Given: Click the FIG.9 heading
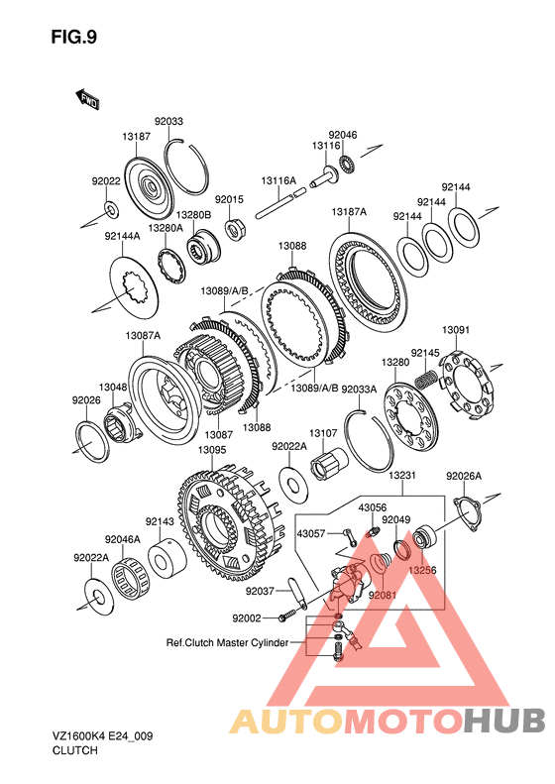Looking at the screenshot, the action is [x=74, y=37].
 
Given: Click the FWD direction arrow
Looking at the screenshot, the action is [x=87, y=99].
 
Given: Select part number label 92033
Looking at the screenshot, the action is [x=168, y=122].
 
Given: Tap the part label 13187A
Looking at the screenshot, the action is [x=349, y=212].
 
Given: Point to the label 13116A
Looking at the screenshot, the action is [x=278, y=180].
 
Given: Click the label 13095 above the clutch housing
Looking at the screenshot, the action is [x=212, y=450].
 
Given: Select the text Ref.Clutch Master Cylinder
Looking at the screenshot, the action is [x=227, y=642].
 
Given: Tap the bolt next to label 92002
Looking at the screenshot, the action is [x=284, y=617].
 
